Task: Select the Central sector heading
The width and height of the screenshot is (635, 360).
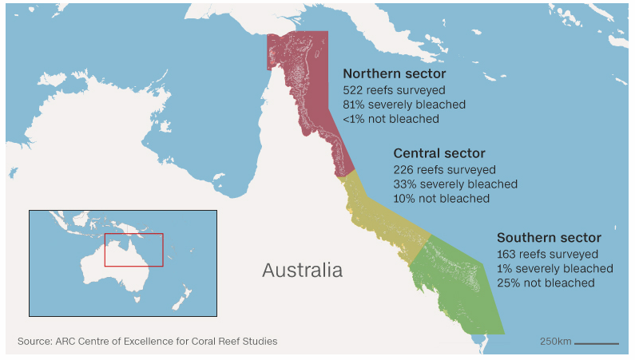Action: (439, 153)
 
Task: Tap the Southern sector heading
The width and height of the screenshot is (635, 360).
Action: (549, 238)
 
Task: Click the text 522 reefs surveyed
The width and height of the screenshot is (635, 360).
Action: (394, 90)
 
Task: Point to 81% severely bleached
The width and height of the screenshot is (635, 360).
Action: (404, 105)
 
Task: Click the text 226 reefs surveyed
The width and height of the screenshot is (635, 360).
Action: (444, 170)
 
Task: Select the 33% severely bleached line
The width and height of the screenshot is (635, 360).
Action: (455, 184)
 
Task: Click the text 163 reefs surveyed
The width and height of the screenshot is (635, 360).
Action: (547, 255)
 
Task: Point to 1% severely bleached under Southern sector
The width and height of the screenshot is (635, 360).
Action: (554, 269)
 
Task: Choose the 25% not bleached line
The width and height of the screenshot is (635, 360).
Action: (546, 283)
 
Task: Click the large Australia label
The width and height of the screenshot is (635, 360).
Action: (302, 270)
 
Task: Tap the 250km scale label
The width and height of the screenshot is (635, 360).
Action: (555, 342)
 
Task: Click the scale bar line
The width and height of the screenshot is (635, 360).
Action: (597, 343)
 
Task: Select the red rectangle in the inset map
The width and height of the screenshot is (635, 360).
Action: (133, 250)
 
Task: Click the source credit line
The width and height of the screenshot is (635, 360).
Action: (148, 342)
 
